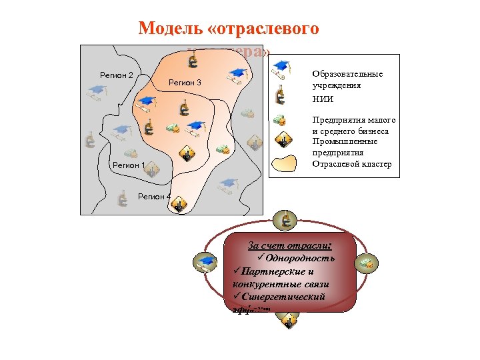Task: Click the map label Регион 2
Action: pyautogui.click(x=117, y=75)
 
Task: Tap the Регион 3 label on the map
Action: pyautogui.click(x=185, y=83)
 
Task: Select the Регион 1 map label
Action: pyautogui.click(x=129, y=165)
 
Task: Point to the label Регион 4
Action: pyautogui.click(x=154, y=197)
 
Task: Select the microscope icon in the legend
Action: pyautogui.click(x=281, y=96)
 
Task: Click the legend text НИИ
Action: pyautogui.click(x=322, y=99)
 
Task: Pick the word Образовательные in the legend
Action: pyautogui.click(x=347, y=73)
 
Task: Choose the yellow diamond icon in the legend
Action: pyautogui.click(x=283, y=141)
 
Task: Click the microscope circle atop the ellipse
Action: pyautogui.click(x=285, y=219)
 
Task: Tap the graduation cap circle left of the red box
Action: pyautogui.click(x=205, y=263)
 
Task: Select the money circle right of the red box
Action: pyautogui.click(x=367, y=263)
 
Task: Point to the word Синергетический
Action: pyautogui.click(x=283, y=297)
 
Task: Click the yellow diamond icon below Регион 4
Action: pyautogui.click(x=179, y=206)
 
